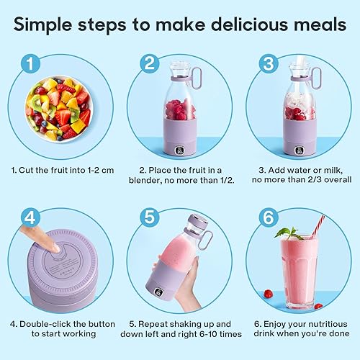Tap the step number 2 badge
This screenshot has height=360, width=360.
150,64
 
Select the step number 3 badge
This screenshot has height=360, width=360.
269,64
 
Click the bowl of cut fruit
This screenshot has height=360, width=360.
59,108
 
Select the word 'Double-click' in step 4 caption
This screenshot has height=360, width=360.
42,324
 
